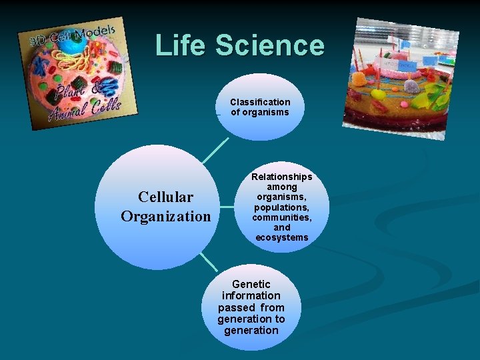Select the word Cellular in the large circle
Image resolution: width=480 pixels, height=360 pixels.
(165, 197)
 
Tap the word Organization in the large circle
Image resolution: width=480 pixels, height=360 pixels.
(165, 217)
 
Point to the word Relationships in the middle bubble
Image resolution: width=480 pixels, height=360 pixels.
(281, 177)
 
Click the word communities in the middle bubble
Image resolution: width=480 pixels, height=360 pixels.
(281, 217)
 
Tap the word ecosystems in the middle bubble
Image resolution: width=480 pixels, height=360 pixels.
(281, 237)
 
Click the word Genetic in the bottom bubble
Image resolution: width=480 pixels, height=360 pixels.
(251, 285)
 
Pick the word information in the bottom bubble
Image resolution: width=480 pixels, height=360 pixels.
(251, 296)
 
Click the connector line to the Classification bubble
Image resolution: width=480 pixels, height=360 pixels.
(215, 150)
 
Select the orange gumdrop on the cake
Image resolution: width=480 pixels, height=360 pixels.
(361, 79)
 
